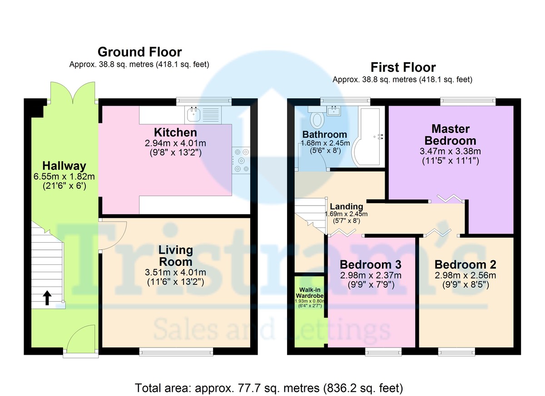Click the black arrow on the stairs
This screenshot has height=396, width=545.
(47, 298)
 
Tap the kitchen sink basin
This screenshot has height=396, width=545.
(194, 114)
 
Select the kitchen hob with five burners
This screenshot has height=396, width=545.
(241, 160)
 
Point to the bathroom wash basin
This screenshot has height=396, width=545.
(334, 111)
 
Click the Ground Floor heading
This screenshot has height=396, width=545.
(140, 52)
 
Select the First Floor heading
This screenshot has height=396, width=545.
(403, 67)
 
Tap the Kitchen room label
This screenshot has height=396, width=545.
(175, 132)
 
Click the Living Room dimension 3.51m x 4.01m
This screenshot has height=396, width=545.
(175, 272)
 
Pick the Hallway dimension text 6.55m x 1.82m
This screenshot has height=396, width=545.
(64, 176)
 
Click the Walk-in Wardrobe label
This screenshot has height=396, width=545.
(309, 293)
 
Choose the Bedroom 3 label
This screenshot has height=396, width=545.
(371, 264)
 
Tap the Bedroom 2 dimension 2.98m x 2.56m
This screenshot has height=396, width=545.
(466, 275)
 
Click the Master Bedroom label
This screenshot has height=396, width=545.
(451, 135)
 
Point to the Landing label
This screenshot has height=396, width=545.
(347, 206)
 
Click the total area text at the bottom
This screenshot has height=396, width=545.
(269, 388)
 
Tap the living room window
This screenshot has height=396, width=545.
(176, 352)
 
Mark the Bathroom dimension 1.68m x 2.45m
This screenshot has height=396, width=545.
(325, 143)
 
